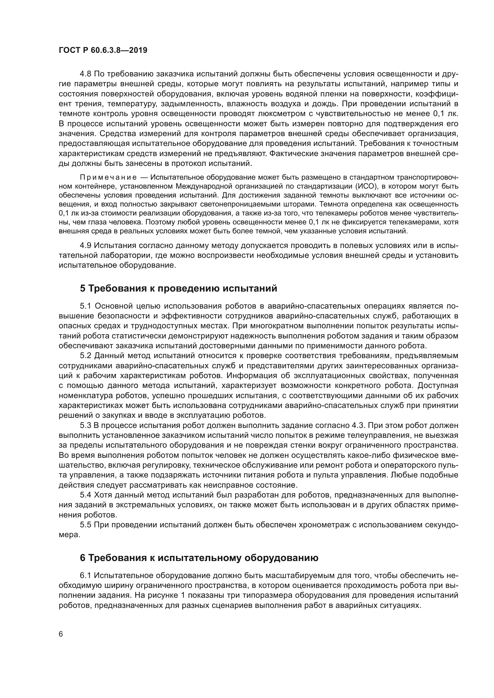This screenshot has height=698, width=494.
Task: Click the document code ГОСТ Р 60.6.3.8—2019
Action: [103, 50]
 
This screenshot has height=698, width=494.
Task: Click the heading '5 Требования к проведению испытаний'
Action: [179, 288]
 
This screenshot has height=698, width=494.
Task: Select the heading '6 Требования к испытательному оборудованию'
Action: [199, 558]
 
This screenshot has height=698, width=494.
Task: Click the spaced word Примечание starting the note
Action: [108, 177]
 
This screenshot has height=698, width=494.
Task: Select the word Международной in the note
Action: [197, 186]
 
